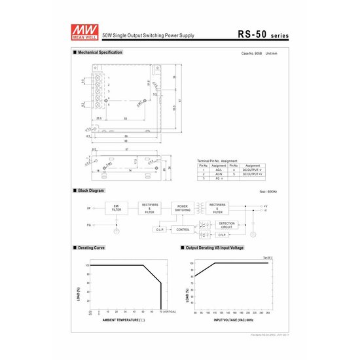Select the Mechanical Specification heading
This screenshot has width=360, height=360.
(99, 52)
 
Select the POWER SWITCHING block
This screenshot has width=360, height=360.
(183, 208)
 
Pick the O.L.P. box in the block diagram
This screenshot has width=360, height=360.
(161, 230)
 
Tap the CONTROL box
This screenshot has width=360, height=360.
(183, 230)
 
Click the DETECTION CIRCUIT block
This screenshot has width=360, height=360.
(226, 224)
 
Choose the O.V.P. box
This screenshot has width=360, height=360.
(222, 235)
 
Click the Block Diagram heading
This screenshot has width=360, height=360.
(91, 190)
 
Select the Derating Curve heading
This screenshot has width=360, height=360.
(91, 249)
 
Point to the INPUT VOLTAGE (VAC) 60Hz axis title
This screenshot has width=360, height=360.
(230, 321)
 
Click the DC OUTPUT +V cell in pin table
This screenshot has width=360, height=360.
(253, 174)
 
